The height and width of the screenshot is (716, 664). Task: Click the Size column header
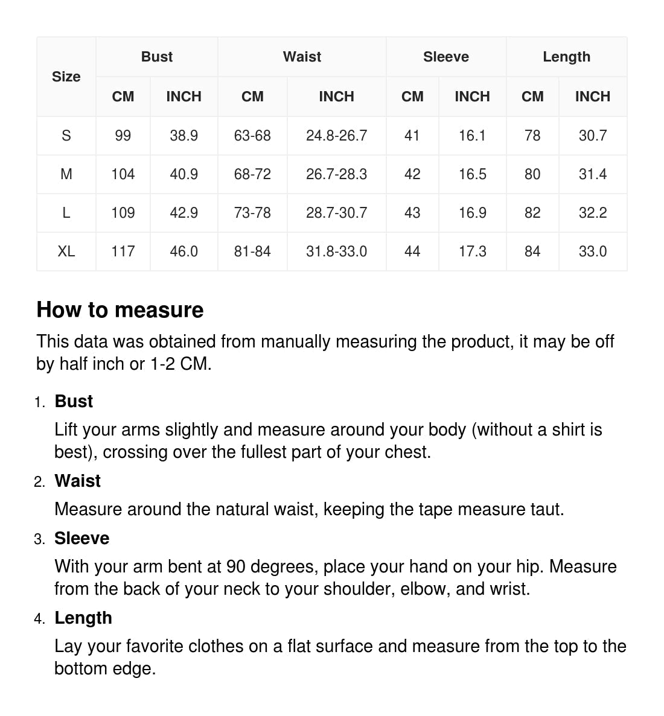tap(66, 77)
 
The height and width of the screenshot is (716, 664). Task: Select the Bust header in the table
tap(157, 57)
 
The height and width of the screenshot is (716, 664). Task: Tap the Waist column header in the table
tap(302, 57)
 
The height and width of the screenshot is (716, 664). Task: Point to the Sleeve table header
tap(445, 57)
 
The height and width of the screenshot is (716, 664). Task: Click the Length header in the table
tap(566, 57)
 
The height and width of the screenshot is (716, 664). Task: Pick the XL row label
tap(66, 252)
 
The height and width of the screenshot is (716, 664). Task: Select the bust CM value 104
tap(123, 174)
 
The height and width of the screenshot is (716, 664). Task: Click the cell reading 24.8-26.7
tap(336, 136)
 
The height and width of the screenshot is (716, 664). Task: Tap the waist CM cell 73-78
tap(252, 213)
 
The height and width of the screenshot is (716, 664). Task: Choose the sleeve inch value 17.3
tap(472, 252)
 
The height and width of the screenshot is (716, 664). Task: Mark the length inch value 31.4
tap(592, 174)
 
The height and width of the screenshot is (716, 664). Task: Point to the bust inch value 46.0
tap(184, 252)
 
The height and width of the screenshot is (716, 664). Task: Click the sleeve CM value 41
tap(412, 136)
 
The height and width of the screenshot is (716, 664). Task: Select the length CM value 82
tap(532, 213)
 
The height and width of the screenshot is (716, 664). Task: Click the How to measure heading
tap(120, 310)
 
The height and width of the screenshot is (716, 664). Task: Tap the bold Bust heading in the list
tap(74, 402)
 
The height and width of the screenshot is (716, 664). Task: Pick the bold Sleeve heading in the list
tap(82, 539)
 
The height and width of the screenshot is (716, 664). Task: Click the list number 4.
tap(39, 619)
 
